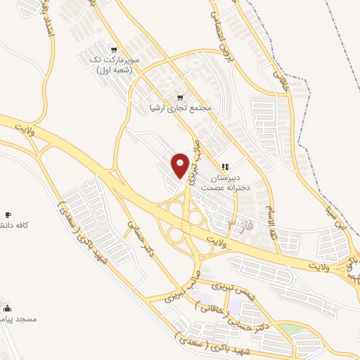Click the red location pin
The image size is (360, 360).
(180, 165)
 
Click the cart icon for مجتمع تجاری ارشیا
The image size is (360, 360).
(180, 96)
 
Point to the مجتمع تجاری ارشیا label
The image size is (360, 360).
(180, 109)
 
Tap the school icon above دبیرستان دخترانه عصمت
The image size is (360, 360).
(225, 167)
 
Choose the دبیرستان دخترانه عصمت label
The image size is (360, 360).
(224, 184)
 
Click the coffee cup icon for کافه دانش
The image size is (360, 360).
(8, 214)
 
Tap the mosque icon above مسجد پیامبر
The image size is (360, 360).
(8, 308)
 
